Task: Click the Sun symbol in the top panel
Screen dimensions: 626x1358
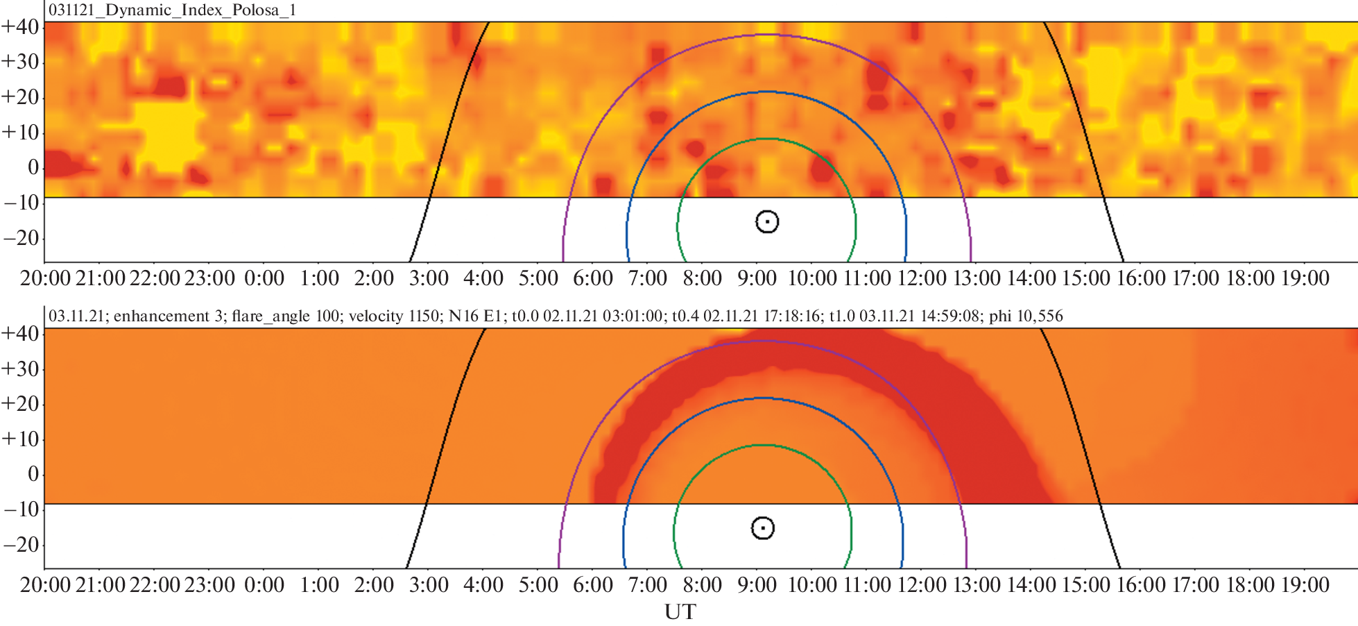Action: (x=767, y=222)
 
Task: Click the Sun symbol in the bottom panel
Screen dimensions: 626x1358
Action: (x=763, y=528)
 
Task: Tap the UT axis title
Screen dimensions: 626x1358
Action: (x=680, y=612)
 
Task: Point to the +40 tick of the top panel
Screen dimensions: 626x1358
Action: (x=21, y=26)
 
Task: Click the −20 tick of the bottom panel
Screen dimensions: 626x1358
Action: (x=21, y=545)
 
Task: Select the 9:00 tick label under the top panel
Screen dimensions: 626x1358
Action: (x=757, y=278)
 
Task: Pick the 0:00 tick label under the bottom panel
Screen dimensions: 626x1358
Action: (x=264, y=585)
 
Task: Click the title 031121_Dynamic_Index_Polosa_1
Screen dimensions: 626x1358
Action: (x=172, y=10)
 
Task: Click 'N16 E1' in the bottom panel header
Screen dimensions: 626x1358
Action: (x=475, y=316)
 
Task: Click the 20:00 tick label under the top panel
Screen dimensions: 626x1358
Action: (x=46, y=278)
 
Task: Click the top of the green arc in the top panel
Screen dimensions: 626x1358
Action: (x=767, y=139)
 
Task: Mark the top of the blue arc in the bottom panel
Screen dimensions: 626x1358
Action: (x=763, y=398)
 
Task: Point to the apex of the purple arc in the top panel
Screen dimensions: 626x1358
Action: (x=767, y=35)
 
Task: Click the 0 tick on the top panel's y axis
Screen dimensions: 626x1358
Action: (x=33, y=167)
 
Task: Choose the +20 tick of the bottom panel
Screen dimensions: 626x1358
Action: (x=21, y=404)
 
